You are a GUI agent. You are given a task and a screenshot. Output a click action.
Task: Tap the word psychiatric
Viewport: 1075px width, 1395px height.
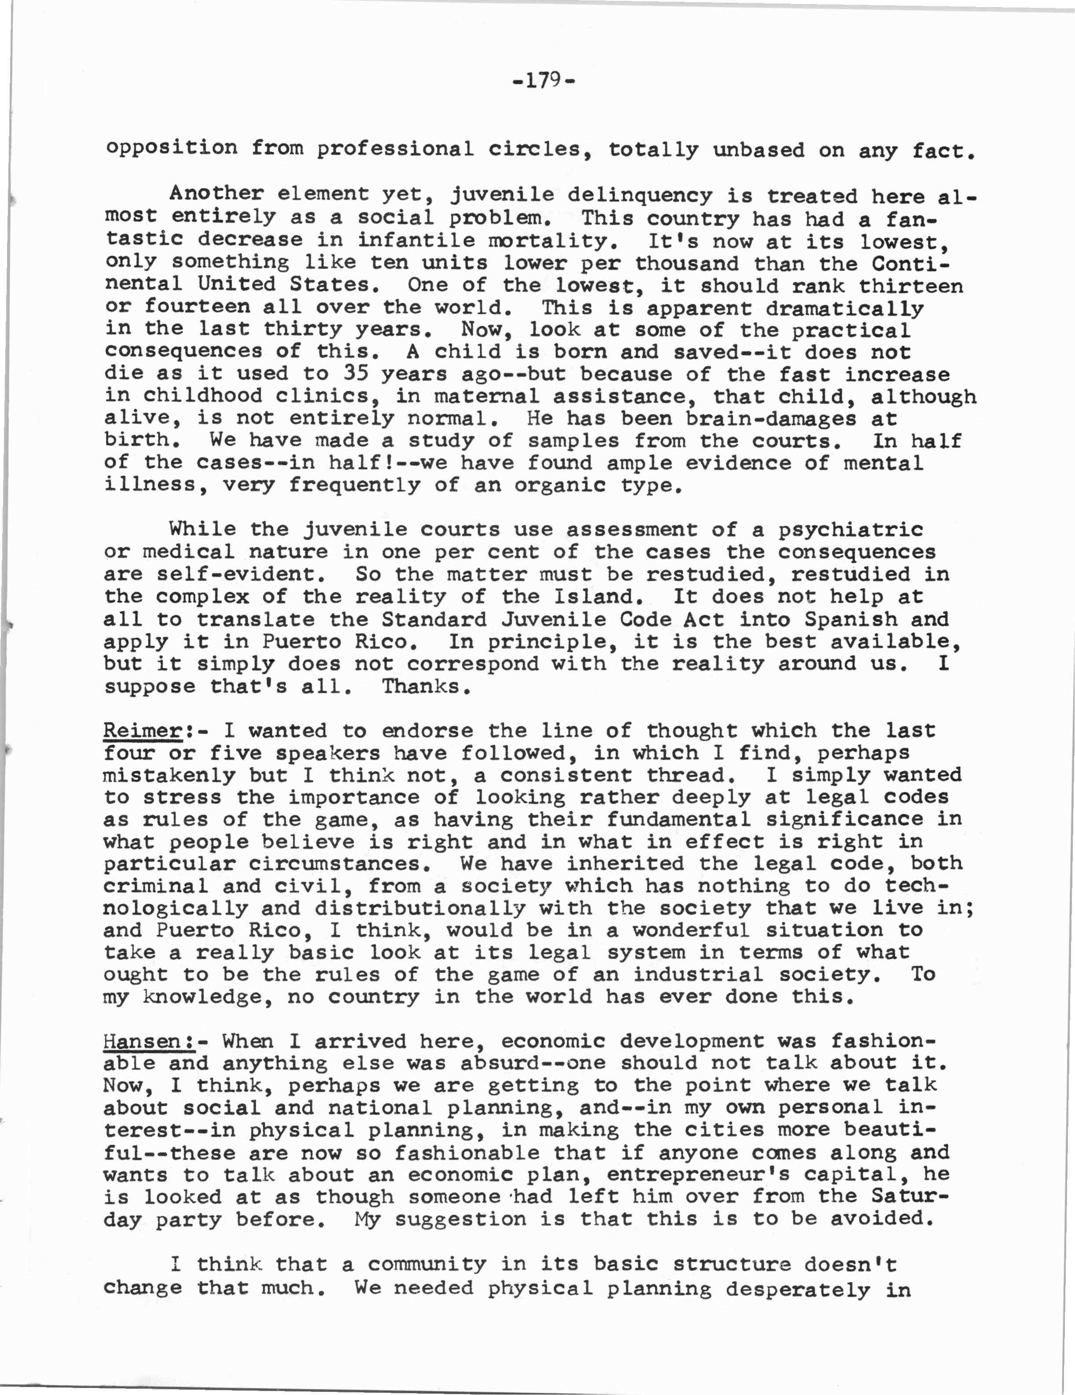pos(850,530)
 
